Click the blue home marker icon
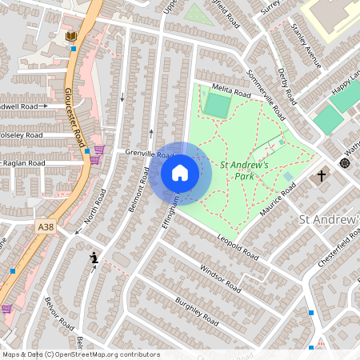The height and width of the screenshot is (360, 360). pos(180,172)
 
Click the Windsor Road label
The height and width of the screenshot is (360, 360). pos(220,278)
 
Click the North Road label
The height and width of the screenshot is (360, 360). pos(94,206)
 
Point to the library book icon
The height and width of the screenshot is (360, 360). pos(71,37)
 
